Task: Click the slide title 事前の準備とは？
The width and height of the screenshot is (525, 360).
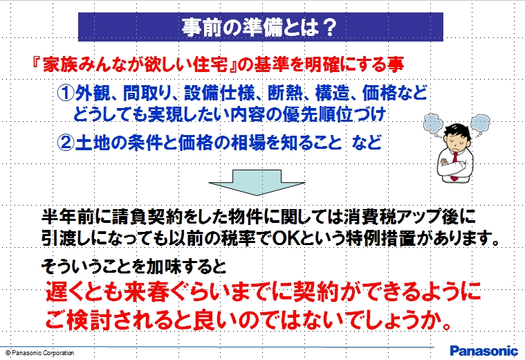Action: coord(259,27)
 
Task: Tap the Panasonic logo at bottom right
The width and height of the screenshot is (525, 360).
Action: coord(483,350)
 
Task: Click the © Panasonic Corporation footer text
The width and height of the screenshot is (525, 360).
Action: coord(40,352)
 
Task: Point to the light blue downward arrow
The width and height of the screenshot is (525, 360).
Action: coord(257,182)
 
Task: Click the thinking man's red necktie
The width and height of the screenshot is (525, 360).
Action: coord(454,166)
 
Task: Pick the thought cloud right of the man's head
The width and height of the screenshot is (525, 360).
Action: coord(480,123)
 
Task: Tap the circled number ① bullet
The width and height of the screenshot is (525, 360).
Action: coord(65,93)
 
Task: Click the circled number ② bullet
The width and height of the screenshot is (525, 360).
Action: coord(65,143)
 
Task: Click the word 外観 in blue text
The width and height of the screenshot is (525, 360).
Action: coord(93,93)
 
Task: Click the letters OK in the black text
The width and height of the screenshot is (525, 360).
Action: coord(284,238)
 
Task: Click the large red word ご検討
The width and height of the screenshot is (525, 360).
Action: coord(78,320)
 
